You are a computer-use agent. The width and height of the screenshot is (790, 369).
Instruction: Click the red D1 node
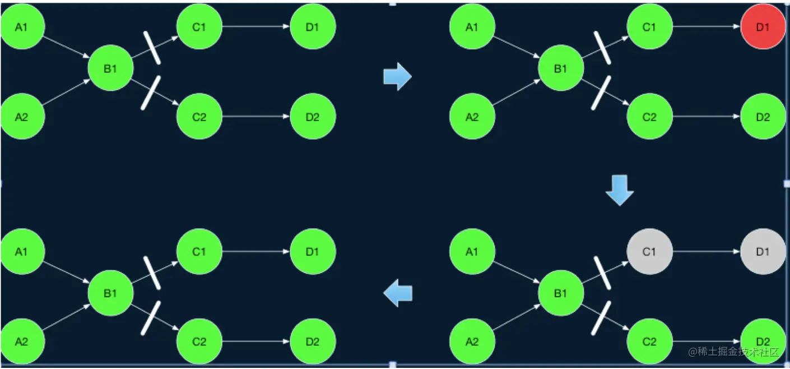(763, 26)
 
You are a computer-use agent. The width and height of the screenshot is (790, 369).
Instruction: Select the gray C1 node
(649, 252)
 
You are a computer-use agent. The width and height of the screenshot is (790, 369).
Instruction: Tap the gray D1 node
(763, 252)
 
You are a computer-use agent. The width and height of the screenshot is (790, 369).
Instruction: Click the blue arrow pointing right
(397, 76)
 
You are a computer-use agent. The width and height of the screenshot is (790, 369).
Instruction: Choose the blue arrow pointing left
(398, 293)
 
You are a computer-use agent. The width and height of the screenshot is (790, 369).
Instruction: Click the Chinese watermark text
(734, 352)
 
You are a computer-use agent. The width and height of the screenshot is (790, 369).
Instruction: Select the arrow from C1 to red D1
(706, 26)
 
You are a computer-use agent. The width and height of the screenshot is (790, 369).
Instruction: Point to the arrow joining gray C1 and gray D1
(706, 252)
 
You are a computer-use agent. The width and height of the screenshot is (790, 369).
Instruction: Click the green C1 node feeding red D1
(649, 26)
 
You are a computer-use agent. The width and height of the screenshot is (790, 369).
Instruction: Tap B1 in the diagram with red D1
(561, 68)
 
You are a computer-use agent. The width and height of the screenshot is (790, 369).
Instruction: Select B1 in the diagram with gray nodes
(561, 293)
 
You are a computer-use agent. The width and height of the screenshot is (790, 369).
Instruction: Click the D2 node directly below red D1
(763, 117)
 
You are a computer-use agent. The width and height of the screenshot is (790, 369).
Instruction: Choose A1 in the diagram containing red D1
(472, 26)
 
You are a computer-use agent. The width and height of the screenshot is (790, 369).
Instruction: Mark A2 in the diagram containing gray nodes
(472, 341)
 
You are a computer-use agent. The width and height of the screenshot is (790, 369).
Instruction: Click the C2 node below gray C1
(649, 341)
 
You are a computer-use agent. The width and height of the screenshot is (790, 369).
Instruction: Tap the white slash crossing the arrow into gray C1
(602, 273)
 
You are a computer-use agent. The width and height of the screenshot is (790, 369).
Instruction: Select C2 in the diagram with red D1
(649, 117)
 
